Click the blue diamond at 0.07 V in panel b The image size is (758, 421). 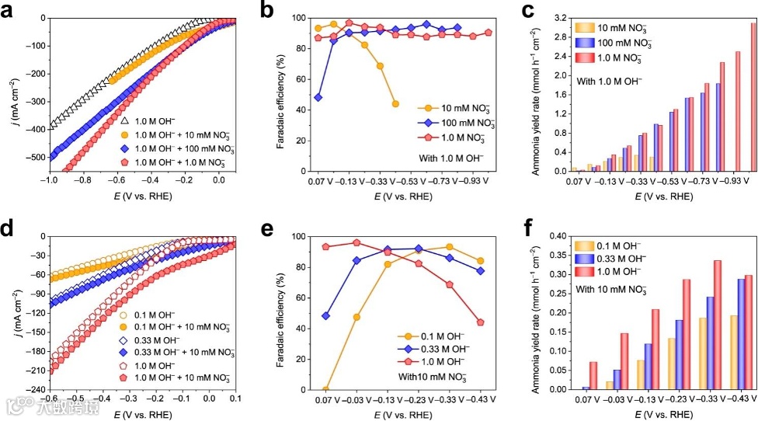pos(318,98)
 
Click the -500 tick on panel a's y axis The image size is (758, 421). pos(33,157)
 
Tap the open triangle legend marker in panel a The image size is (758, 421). pos(124,121)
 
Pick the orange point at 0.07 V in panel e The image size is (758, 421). pos(325,390)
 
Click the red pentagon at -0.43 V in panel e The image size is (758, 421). pos(481,322)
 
